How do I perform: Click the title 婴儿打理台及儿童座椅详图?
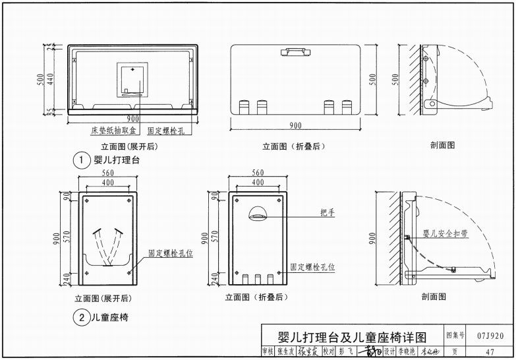(353, 336)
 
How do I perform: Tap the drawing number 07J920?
(490, 336)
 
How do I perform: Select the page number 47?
(490, 351)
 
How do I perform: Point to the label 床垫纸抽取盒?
(113, 131)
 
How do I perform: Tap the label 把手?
(328, 212)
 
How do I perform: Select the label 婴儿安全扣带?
(445, 233)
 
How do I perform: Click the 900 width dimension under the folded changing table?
(296, 125)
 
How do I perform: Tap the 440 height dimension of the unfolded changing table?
(51, 78)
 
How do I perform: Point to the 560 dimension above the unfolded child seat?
(107, 173)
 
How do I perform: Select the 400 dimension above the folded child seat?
(258, 182)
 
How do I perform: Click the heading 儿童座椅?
(110, 317)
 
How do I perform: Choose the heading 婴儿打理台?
(117, 160)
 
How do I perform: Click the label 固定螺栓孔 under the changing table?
(165, 131)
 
